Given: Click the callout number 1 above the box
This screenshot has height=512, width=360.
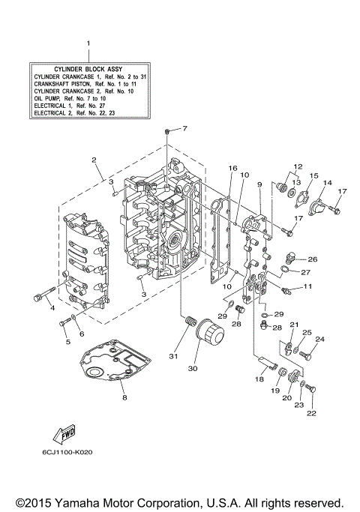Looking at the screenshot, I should [x=88, y=44].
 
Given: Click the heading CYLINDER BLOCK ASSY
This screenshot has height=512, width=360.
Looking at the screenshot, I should [x=88, y=68].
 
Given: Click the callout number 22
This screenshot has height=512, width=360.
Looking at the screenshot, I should [x=311, y=412].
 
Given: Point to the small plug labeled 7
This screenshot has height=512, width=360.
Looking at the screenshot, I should [x=164, y=133].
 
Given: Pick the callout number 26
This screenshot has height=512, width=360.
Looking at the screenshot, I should [x=312, y=259].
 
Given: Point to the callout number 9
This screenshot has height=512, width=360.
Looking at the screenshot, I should [x=259, y=184].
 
